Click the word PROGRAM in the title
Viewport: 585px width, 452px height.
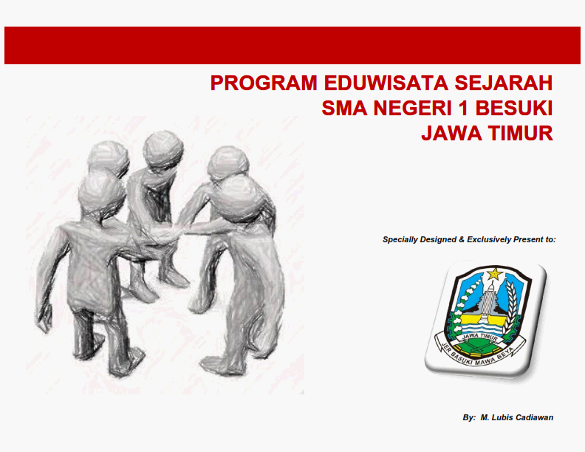point(264,83)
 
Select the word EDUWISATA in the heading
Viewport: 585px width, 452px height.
point(386,83)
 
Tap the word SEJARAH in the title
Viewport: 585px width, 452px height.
point(503,83)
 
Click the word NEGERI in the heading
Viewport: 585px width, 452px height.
point(413,108)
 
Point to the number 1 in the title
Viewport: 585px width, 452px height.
point(463,108)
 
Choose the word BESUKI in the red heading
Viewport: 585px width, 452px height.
point(514,108)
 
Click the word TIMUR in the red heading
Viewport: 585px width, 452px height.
point(520,133)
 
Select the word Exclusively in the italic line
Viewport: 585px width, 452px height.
point(489,239)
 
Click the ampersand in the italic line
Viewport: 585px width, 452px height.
point(462,239)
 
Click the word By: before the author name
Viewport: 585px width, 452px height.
point(469,418)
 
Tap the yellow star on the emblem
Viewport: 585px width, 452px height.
point(495,274)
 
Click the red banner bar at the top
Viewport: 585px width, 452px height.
point(292,45)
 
